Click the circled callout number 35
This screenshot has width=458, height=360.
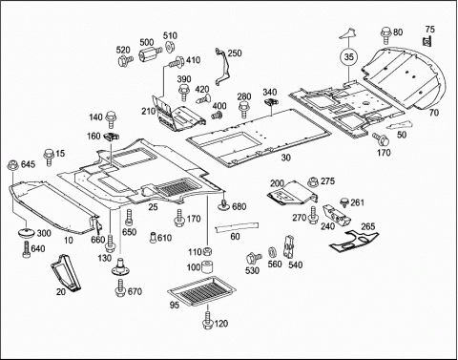pos(349,57)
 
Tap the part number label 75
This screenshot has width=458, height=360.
pos(429,30)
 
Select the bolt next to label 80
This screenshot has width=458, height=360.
pos(385,35)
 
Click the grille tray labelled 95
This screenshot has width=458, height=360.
pos(202,290)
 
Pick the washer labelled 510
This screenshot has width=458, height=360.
pos(169,47)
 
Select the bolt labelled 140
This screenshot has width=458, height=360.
pos(111,119)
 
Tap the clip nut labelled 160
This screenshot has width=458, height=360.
pos(112,137)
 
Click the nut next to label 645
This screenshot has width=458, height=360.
pos(13,165)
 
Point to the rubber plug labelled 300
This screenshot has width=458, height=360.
pos(27,233)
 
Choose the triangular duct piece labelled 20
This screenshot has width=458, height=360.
pos(66,272)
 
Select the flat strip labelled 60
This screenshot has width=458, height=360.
pos(237,226)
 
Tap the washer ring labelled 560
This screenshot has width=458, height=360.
pos(272,252)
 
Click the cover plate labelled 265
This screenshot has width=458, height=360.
pos(353,241)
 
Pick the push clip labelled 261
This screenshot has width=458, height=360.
pos(344,202)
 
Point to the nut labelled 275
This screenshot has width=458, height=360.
pos(313,182)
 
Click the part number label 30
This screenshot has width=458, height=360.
pos(286,158)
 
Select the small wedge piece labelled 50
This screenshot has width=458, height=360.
pos(400,125)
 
